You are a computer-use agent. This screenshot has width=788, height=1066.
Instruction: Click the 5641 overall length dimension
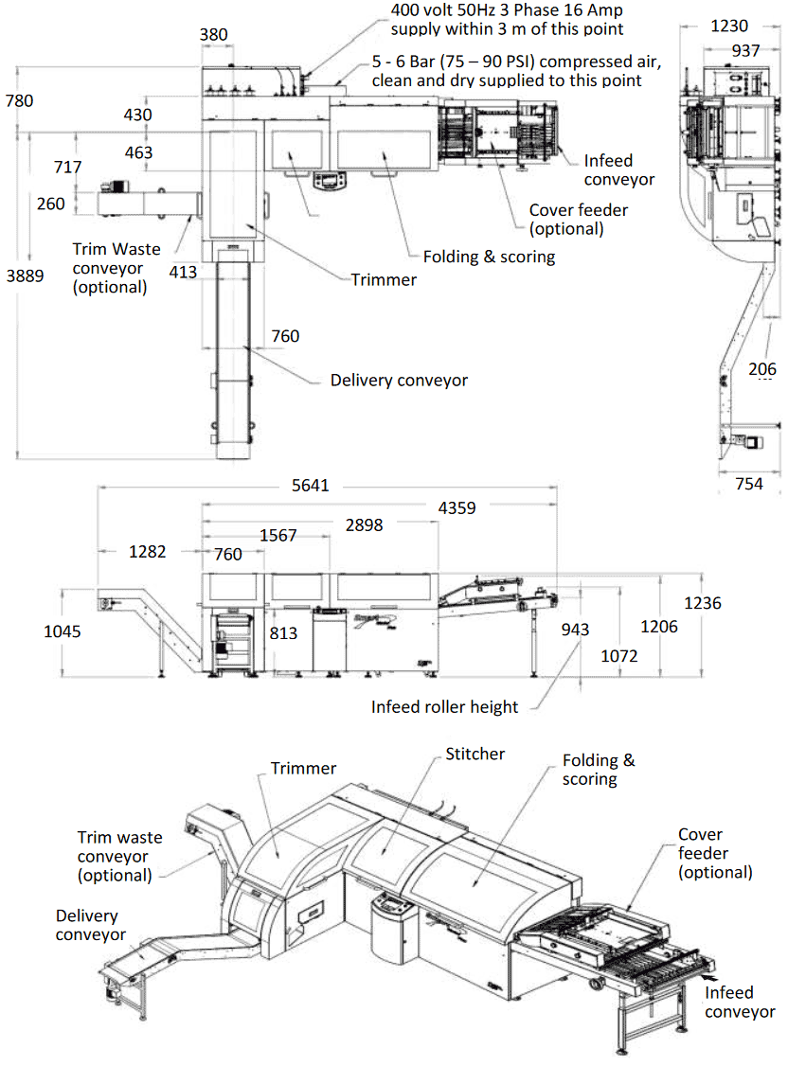point(310,486)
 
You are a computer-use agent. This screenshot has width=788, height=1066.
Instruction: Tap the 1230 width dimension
point(728,27)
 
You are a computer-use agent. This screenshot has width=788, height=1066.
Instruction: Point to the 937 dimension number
point(745,50)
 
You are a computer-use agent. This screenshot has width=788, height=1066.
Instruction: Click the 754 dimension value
point(748,484)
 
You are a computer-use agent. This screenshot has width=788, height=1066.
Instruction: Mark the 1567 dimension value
point(278,535)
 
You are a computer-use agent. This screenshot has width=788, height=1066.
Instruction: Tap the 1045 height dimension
point(63,631)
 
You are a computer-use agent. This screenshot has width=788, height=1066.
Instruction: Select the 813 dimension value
point(283,633)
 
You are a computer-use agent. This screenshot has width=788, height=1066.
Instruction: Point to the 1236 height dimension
point(703,603)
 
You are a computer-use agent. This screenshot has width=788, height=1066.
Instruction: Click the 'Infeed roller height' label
point(444,706)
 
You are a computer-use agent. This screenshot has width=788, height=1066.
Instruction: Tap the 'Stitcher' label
point(475,754)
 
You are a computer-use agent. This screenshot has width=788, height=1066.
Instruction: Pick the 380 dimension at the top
point(214,35)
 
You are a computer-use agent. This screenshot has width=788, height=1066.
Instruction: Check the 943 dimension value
point(575,630)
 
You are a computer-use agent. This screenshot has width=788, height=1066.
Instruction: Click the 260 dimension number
point(51,204)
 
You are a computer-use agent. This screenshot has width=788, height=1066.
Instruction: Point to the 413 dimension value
point(183,273)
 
